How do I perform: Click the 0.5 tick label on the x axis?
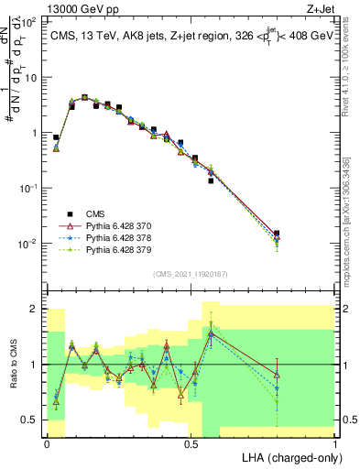[x=191, y=442]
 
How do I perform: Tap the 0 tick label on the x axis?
[x=47, y=442]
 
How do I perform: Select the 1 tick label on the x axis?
[x=335, y=442]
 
